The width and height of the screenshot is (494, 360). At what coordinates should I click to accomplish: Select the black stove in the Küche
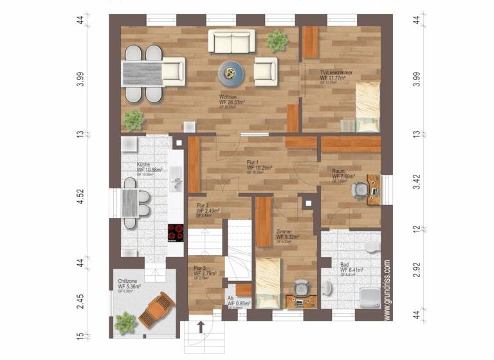pyautogui.click(x=176, y=231)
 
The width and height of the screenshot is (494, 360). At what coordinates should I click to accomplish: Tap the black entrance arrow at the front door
pyautogui.click(x=200, y=327)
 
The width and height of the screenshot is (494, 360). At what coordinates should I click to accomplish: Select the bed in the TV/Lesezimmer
pyautogui.click(x=368, y=103)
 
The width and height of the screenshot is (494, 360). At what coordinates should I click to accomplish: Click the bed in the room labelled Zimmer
pyautogui.click(x=270, y=283)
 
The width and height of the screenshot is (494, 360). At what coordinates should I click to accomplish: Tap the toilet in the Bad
pyautogui.click(x=372, y=248)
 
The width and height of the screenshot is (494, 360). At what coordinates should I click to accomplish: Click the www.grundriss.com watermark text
pyautogui.click(x=387, y=289)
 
